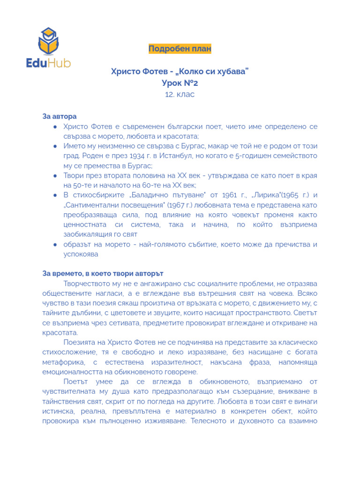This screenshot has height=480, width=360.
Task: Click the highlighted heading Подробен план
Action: coord(180,49)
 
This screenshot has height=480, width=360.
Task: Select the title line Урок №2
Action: coord(180,83)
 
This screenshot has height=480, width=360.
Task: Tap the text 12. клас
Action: coord(180,94)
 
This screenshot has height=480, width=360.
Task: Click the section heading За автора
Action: coord(60,116)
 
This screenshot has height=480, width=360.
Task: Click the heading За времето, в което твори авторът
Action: coord(103,273)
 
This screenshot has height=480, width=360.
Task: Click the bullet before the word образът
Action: coord(55,245)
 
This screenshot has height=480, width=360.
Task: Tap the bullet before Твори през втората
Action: coord(55,176)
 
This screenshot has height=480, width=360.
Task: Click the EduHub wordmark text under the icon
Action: coord(48,62)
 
